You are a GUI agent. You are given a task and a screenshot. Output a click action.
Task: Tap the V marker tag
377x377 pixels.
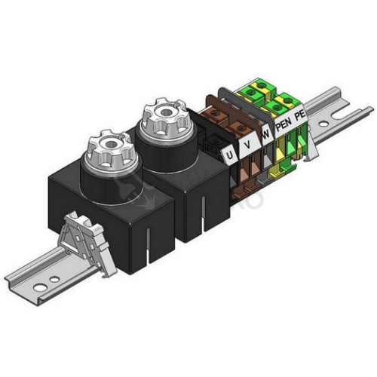click(248, 144)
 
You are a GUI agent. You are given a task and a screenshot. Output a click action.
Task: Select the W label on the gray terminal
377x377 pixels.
click(265, 134)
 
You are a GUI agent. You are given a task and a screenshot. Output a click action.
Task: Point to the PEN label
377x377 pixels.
click(284, 124)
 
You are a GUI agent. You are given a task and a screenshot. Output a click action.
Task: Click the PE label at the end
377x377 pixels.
click(300, 115)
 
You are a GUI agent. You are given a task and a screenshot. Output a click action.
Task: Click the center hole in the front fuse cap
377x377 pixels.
click(111, 144)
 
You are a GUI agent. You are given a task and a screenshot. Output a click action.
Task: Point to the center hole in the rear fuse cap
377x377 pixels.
click(166, 112)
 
